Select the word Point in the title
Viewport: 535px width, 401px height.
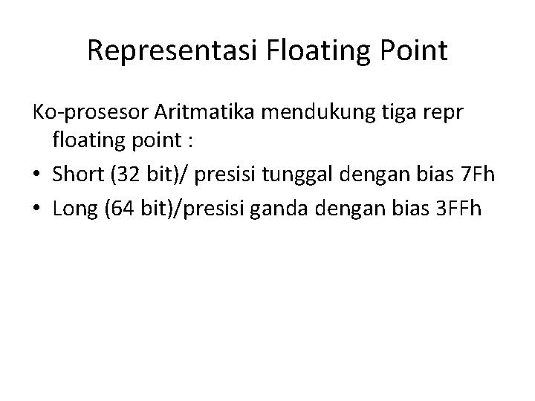pyautogui.click(x=412, y=50)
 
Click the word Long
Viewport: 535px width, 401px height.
pyautogui.click(x=74, y=209)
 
